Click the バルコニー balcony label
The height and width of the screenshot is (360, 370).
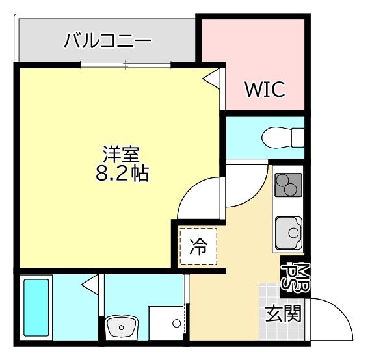point(107,42)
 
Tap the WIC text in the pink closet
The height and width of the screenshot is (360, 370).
point(265,90)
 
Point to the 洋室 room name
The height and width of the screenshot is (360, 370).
point(121,154)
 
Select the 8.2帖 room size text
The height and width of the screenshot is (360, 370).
point(121,174)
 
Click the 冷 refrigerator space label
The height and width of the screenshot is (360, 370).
point(198,248)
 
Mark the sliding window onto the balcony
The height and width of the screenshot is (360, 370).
point(126,64)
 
